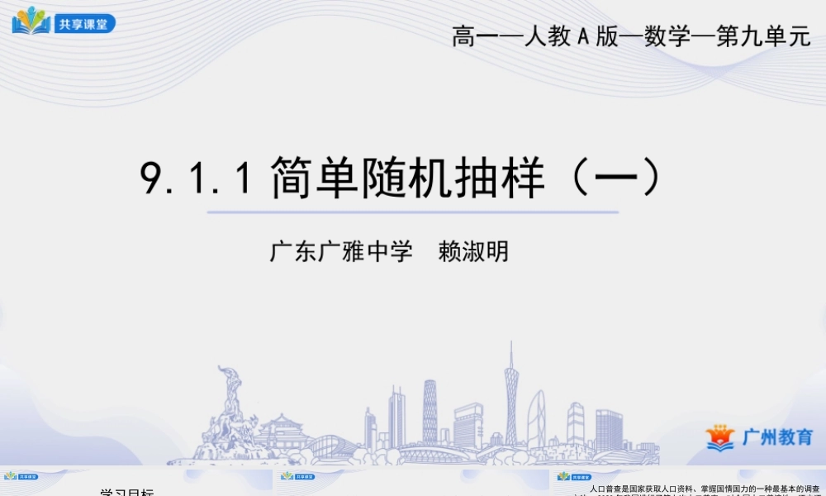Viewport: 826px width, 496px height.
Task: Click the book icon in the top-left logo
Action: tap(31, 20)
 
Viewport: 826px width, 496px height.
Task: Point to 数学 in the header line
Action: tap(667, 37)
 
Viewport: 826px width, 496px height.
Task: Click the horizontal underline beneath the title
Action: tap(412, 212)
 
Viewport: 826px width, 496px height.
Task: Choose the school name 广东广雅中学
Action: tap(341, 251)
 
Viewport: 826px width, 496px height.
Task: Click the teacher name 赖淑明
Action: tap(473, 251)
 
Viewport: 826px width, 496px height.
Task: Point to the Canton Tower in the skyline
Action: tap(511, 397)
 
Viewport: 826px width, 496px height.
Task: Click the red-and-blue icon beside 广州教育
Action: tap(719, 437)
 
